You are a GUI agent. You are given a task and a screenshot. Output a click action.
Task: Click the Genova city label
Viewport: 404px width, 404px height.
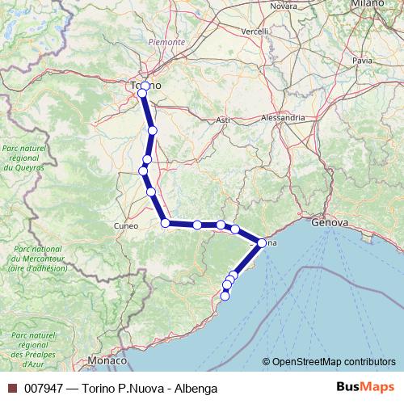pyautogui.click(x=329, y=222)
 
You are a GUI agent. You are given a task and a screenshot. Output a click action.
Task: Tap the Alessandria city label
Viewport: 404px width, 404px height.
pyautogui.click(x=283, y=117)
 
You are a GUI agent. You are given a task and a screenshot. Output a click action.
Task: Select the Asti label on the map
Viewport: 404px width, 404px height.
pyautogui.click(x=223, y=120)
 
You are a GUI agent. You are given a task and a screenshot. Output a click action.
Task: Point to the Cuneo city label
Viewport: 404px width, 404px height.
pyautogui.click(x=127, y=225)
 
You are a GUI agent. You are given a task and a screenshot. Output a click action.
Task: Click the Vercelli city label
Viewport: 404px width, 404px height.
pyautogui.click(x=255, y=32)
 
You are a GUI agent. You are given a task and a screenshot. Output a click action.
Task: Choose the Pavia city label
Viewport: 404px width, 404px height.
pyautogui.click(x=362, y=60)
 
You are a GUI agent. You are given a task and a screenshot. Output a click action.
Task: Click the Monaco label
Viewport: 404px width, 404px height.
pyautogui.click(x=107, y=360)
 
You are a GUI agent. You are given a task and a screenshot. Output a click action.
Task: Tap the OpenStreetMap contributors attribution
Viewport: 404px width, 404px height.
pyautogui.click(x=334, y=361)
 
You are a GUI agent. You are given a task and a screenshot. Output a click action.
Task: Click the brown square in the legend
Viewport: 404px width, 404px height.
pyautogui.click(x=11, y=389)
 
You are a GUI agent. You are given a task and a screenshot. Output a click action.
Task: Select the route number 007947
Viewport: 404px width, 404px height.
pyautogui.click(x=43, y=389)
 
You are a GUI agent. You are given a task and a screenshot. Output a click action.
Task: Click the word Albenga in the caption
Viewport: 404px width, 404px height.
pyautogui.click(x=195, y=389)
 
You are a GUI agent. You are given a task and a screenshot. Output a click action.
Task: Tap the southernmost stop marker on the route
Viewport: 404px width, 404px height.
pyautogui.click(x=225, y=296)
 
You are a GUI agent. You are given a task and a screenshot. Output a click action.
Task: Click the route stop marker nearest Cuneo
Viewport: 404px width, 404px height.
pyautogui.click(x=165, y=223)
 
